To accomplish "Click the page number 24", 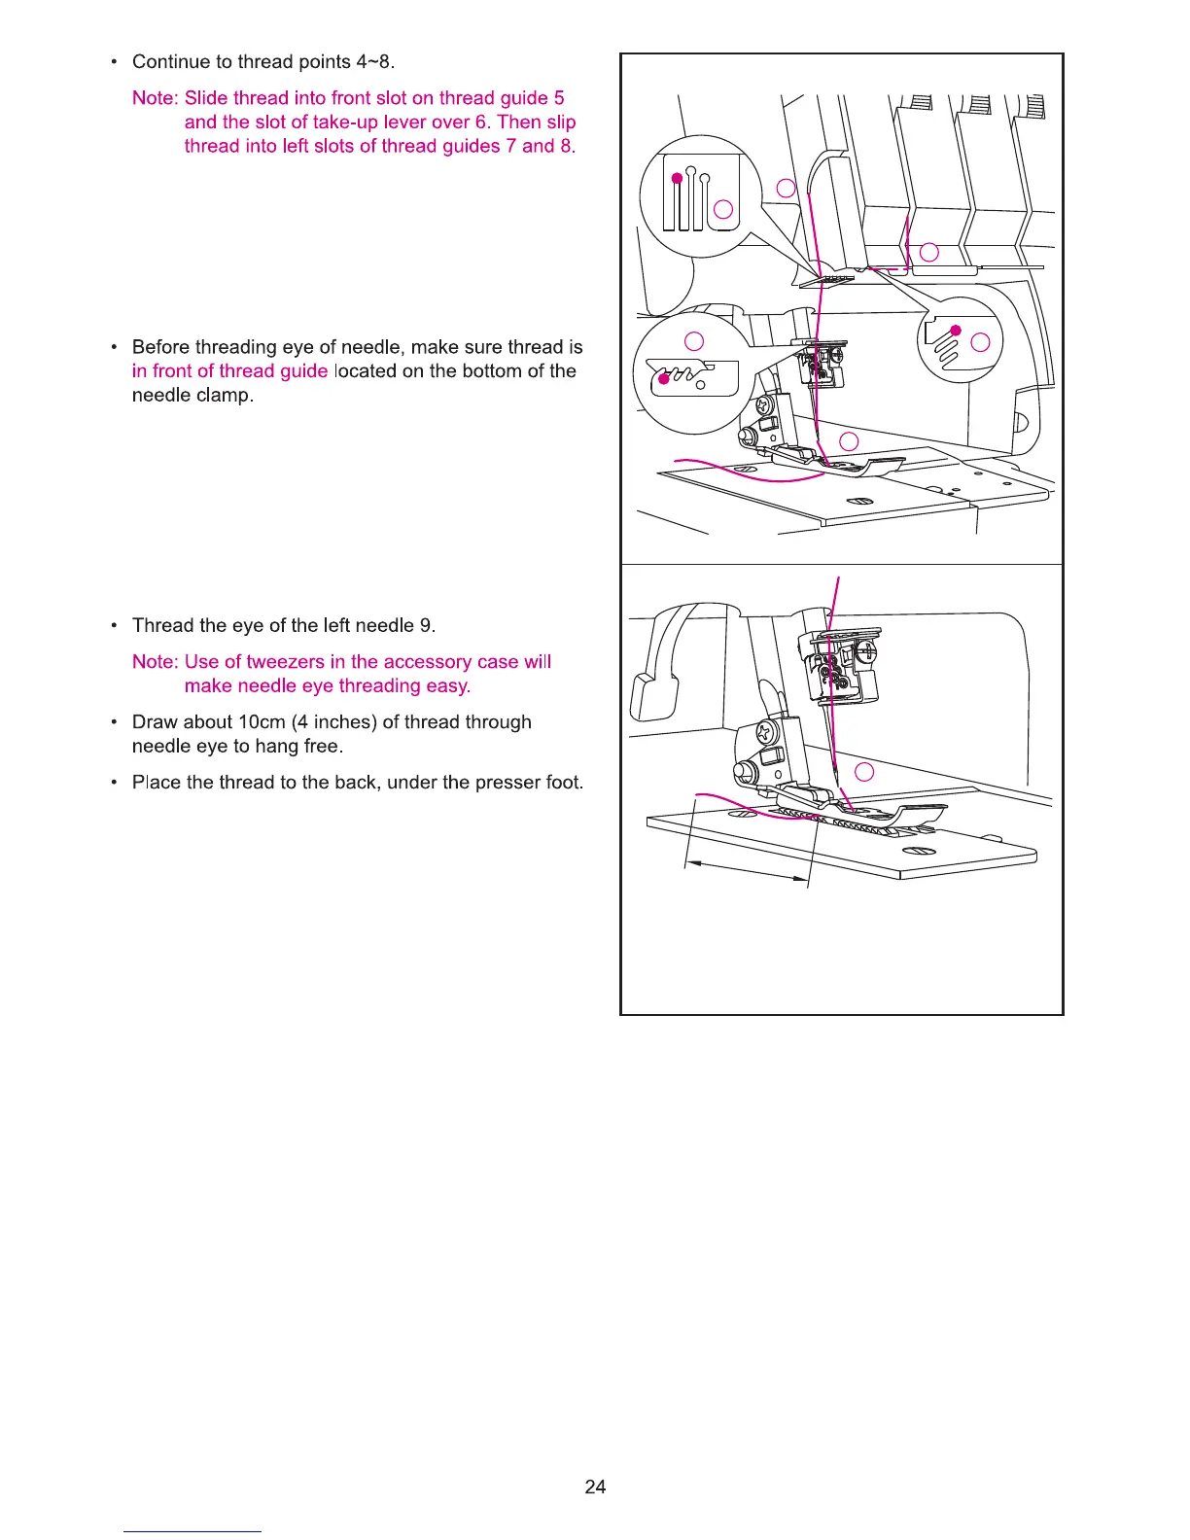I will pyautogui.click(x=595, y=1486).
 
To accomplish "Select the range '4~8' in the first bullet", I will pyautogui.click(x=374, y=62).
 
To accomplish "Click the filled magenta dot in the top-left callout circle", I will pyautogui.click(x=676, y=178).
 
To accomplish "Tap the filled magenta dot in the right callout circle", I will pyautogui.click(x=956, y=331).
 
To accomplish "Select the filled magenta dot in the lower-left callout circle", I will pyautogui.click(x=664, y=379).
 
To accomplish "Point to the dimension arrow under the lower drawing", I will pyautogui.click(x=747, y=871).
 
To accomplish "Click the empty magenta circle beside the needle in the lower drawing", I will pyautogui.click(x=863, y=772).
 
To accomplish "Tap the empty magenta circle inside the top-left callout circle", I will pyautogui.click(x=722, y=208).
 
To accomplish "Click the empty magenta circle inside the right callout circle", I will pyautogui.click(x=980, y=342).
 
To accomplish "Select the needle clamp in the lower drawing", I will pyautogui.click(x=838, y=666).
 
